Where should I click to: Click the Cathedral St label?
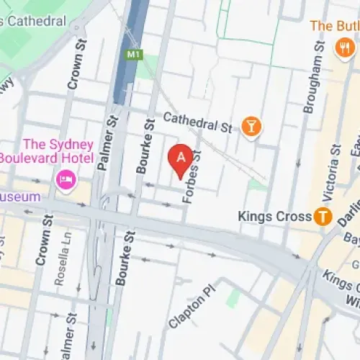pos(197,122)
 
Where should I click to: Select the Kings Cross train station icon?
pos(323,216)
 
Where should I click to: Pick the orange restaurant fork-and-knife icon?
pos(344,48)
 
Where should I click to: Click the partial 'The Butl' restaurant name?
pos(334,26)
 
